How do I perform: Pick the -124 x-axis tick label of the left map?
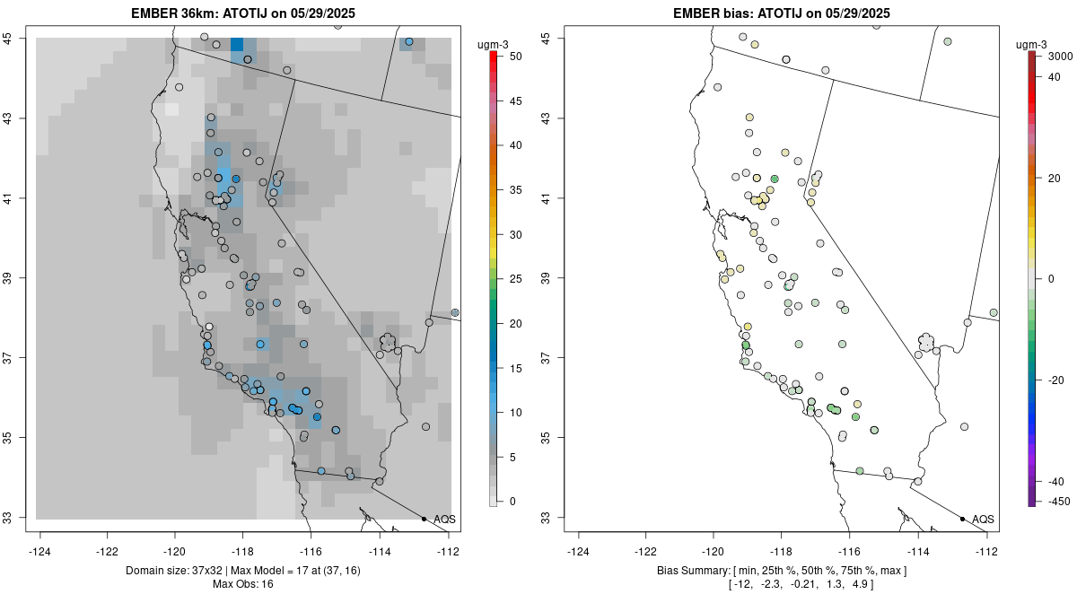(x=39, y=552)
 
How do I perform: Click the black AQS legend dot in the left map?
(x=424, y=519)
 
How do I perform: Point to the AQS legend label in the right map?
(x=983, y=520)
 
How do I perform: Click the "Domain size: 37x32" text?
(x=174, y=571)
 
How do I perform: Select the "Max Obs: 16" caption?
(x=243, y=584)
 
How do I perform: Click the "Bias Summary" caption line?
(x=782, y=571)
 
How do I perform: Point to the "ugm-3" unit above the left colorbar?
(x=493, y=45)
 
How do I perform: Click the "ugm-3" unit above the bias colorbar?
(x=1031, y=45)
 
